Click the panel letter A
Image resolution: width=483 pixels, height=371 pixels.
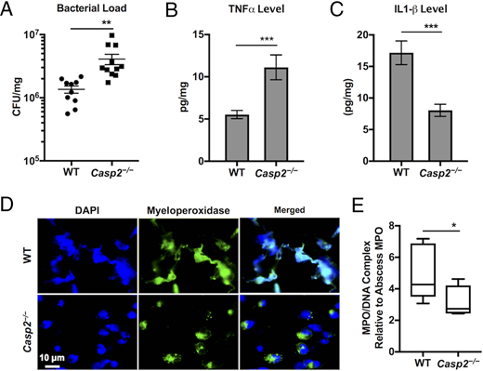click(x=8, y=11)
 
